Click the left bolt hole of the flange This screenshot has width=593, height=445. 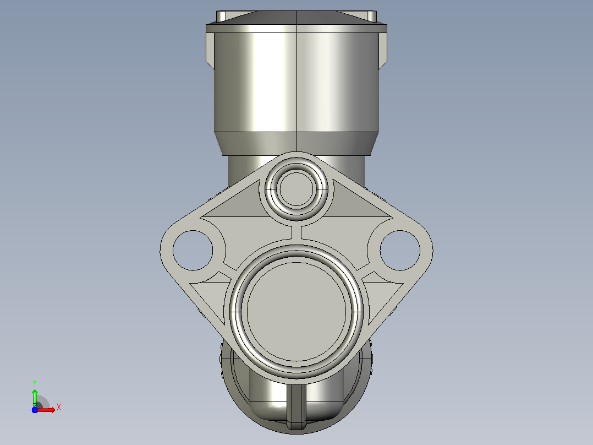pyautogui.click(x=193, y=251)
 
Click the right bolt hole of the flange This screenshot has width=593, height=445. pyautogui.click(x=400, y=251)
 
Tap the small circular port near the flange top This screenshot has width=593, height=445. pyautogui.click(x=296, y=188)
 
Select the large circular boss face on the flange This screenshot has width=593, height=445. pyautogui.click(x=296, y=311)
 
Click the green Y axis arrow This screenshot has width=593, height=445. pyautogui.click(x=35, y=397)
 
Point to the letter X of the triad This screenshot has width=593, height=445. pyautogui.click(x=59, y=408)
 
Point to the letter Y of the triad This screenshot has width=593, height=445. pyautogui.click(x=35, y=383)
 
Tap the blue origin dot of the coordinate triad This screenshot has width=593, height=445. pyautogui.click(x=35, y=410)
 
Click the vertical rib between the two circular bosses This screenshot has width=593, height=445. pyautogui.click(x=296, y=232)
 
